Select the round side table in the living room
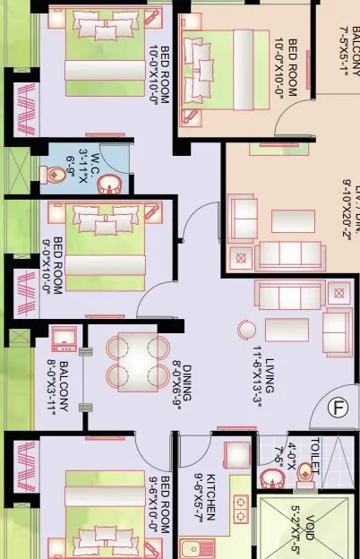click(x=246, y=331)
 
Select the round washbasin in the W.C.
click(x=112, y=184)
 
